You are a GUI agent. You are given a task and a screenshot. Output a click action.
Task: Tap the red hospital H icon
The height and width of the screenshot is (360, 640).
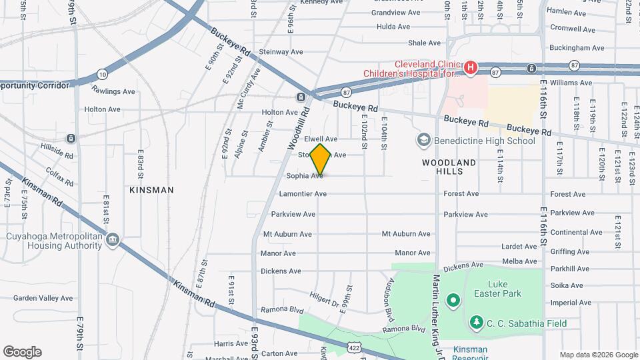point(471,67)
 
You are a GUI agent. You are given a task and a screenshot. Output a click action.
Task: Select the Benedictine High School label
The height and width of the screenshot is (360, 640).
point(484,141)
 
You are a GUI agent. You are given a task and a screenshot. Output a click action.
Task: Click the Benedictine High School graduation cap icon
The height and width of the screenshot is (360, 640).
point(423,140)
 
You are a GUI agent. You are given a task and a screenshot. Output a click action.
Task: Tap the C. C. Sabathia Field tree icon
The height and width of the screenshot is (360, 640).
point(476,323)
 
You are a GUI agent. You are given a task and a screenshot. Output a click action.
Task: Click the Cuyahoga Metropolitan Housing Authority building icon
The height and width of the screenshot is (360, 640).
point(113,240)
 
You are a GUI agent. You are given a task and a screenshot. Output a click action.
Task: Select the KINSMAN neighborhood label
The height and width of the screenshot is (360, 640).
point(152,190)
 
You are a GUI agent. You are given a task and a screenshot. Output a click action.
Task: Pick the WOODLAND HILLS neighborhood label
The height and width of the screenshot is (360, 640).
point(449,167)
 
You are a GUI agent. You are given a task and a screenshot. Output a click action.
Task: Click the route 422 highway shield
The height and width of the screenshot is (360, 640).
point(354,346)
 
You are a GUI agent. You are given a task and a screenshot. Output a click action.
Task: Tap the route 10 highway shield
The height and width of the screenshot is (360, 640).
point(101,73)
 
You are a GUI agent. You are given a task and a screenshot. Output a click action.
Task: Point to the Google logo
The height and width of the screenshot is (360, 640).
point(22,352)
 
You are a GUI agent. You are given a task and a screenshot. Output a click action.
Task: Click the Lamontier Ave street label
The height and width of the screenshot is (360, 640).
point(303,194)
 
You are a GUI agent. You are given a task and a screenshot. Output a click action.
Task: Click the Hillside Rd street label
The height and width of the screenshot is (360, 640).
point(57,151)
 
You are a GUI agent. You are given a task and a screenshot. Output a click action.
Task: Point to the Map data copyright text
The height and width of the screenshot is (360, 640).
point(598,355)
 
